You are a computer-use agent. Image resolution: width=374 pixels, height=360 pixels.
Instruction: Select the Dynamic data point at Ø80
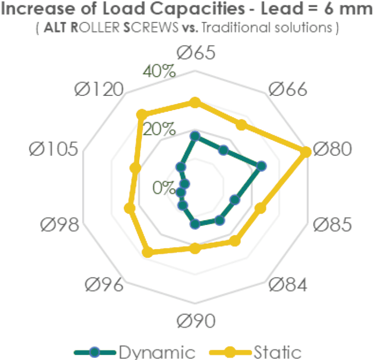click(262, 166)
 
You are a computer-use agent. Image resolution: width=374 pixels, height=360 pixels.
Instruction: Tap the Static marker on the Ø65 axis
click(195, 102)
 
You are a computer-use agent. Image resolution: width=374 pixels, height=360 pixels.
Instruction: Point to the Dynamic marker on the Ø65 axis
click(195, 136)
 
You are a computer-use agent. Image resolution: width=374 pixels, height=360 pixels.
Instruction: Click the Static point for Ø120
click(142, 115)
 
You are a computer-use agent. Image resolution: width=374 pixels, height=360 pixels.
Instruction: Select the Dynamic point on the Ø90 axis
click(195, 224)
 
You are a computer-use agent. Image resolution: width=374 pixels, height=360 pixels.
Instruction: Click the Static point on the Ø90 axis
click(195, 249)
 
